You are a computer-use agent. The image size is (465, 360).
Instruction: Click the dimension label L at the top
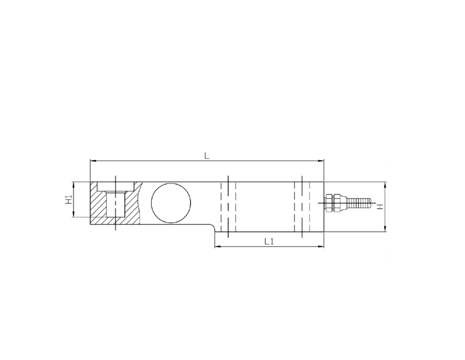click(207, 156)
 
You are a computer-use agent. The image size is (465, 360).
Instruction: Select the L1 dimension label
click(269, 242)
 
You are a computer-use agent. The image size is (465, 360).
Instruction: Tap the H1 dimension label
click(68, 199)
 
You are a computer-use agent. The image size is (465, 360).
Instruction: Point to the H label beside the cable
click(379, 206)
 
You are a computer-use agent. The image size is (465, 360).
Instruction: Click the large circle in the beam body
click(171, 203)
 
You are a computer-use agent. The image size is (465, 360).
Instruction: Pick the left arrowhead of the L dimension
click(93, 161)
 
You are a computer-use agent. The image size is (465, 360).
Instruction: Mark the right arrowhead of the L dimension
click(321, 161)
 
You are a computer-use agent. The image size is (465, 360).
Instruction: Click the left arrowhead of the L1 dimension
click(218, 246)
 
